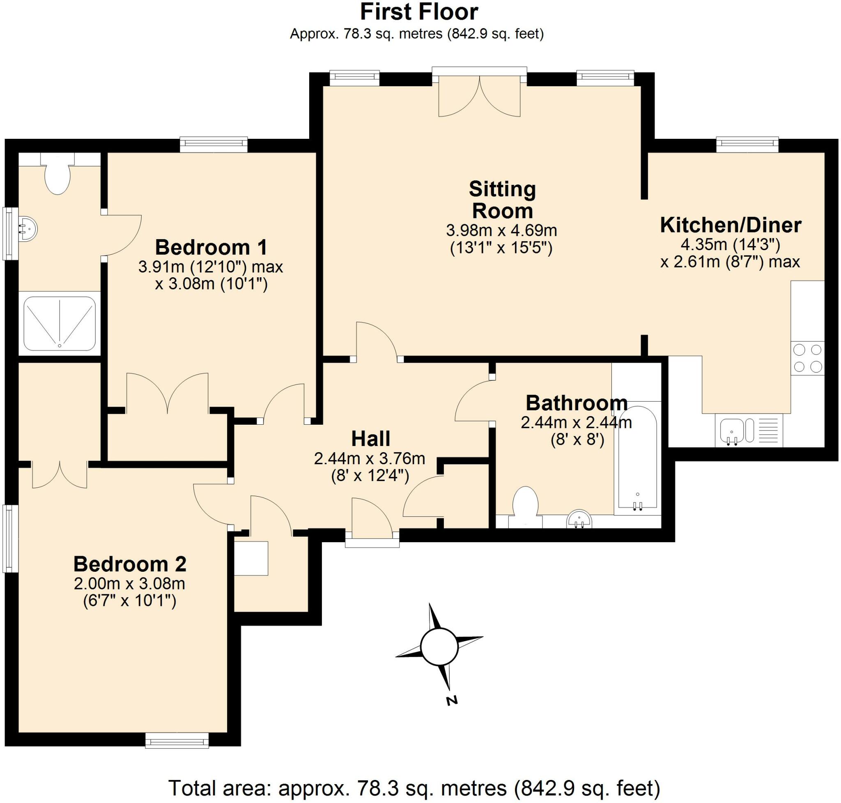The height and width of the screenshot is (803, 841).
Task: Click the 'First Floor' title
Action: point(419,12)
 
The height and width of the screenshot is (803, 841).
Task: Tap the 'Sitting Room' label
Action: point(502,200)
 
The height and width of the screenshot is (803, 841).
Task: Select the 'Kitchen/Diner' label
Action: point(731,225)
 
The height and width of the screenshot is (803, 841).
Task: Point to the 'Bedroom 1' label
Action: point(211,247)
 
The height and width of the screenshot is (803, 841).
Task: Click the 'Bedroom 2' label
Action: point(130,564)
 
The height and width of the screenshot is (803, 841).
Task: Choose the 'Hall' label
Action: point(371,439)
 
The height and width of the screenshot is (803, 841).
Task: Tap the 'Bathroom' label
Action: point(577,403)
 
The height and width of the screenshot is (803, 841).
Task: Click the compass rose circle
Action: point(439,647)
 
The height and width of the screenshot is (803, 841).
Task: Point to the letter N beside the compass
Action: point(452,700)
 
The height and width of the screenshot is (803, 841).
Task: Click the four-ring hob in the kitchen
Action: point(807,358)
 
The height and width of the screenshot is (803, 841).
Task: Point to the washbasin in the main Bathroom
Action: point(579,519)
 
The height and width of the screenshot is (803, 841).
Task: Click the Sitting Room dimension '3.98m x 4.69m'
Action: point(502,231)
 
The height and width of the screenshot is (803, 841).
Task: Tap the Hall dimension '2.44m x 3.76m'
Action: point(370,458)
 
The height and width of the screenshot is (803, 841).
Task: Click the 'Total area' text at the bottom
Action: point(414,787)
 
